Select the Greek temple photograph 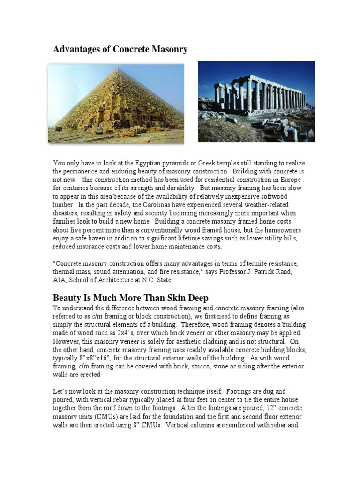(256, 101)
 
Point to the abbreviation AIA (60, 280)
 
